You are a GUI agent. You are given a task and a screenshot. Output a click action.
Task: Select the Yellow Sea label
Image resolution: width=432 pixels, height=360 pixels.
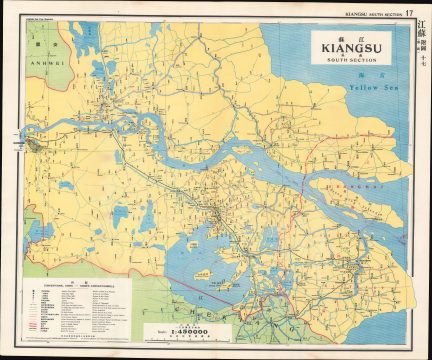pyautogui.click(x=373, y=87)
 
